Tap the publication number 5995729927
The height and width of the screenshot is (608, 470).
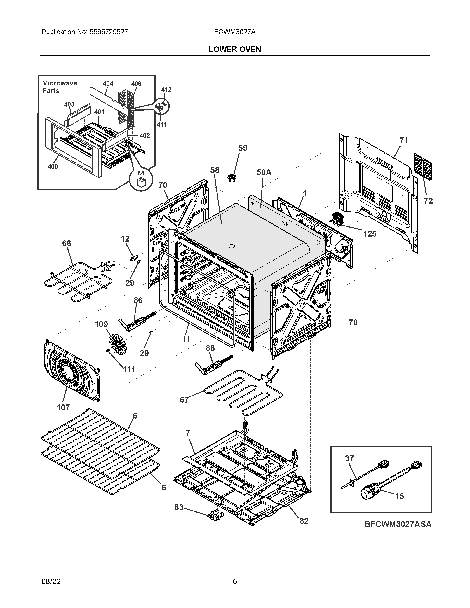click(x=109, y=32)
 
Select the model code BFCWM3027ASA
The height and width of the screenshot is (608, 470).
click(x=398, y=524)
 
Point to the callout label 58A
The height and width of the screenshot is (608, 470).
click(x=264, y=173)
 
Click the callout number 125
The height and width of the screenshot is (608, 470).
click(x=370, y=234)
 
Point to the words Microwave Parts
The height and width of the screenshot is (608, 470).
click(x=60, y=87)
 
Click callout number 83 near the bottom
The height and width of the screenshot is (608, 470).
click(x=179, y=508)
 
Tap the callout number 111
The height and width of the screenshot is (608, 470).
click(x=129, y=370)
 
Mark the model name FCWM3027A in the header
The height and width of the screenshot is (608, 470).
click(x=235, y=32)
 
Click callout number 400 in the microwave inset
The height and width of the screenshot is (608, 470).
click(x=53, y=167)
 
